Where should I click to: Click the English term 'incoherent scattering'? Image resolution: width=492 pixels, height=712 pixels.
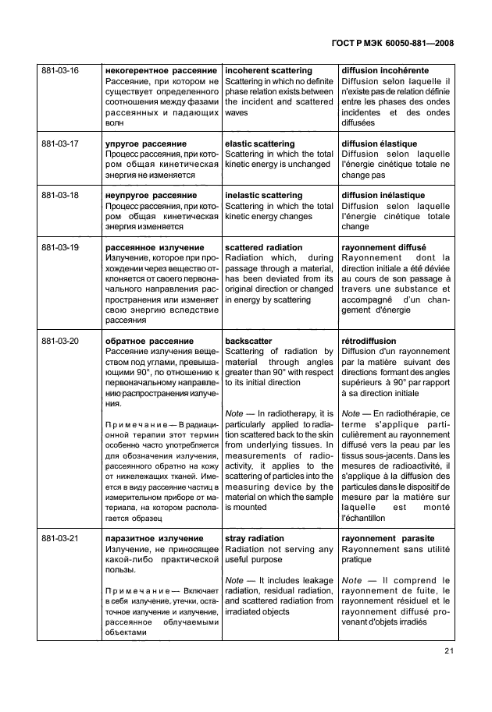click(x=268, y=71)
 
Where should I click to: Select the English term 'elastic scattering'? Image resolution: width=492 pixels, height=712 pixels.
click(x=259, y=144)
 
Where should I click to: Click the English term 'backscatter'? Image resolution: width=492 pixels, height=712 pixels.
click(x=248, y=341)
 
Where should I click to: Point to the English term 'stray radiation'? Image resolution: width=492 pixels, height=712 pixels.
click(x=255, y=538)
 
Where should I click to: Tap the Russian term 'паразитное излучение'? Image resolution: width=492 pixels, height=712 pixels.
click(x=153, y=538)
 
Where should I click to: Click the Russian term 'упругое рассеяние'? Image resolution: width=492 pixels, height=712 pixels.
click(x=145, y=144)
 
